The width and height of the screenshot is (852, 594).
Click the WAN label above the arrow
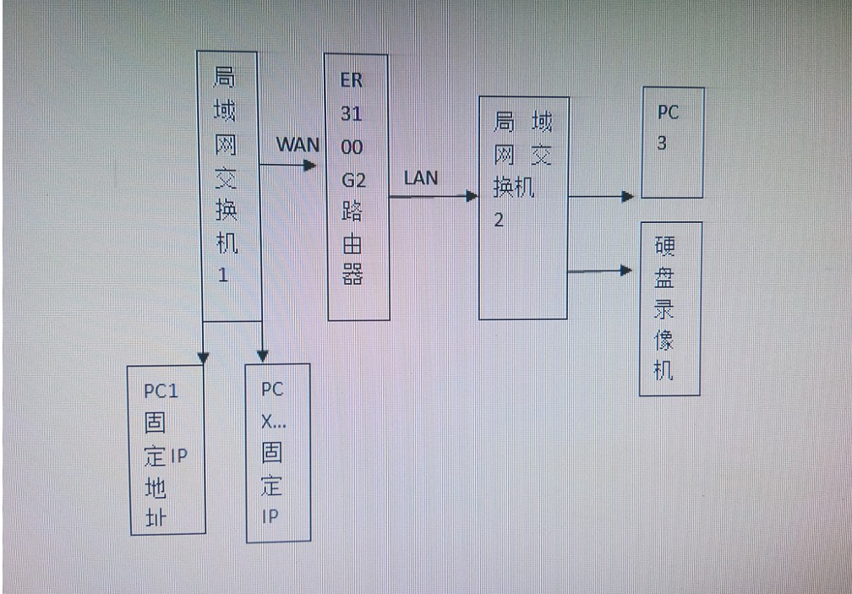tap(298, 144)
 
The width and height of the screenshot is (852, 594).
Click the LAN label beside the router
tap(421, 177)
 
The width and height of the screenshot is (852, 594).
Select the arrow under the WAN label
tap(288, 164)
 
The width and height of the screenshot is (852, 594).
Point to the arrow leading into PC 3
tap(601, 197)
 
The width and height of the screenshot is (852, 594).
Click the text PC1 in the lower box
tap(161, 391)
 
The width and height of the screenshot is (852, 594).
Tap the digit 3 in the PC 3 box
tap(662, 144)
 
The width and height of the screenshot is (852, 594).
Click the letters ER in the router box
tap(351, 82)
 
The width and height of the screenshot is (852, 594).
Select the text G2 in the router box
tap(353, 180)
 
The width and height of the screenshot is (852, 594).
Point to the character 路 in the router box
tap(352, 213)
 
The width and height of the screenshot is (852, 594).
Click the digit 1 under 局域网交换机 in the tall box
tap(223, 275)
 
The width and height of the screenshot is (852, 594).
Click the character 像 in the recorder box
tap(665, 340)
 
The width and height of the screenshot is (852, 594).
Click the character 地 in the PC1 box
tap(156, 488)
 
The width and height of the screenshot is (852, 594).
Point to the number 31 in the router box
tap(352, 114)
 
